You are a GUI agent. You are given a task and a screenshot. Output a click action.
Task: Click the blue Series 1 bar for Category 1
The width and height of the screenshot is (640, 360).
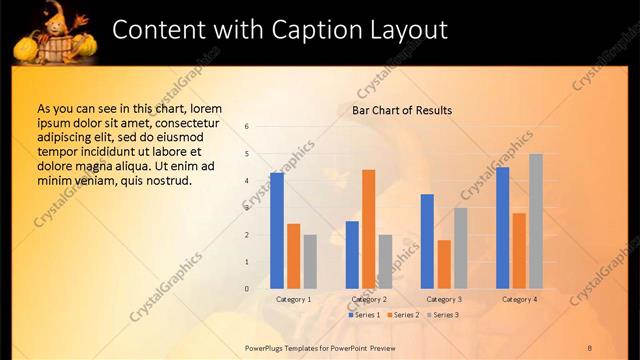(277, 230)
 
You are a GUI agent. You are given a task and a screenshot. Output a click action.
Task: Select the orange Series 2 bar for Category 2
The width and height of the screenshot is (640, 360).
(368, 229)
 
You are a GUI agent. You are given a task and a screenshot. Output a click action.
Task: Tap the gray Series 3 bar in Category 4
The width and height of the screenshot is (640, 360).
(536, 221)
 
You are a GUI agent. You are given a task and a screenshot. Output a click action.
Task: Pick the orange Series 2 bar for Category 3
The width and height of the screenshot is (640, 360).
(444, 264)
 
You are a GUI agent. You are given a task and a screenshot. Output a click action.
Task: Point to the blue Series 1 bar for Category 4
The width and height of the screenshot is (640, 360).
(502, 228)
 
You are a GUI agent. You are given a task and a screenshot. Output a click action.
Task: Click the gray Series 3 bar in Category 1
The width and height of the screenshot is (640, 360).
(310, 261)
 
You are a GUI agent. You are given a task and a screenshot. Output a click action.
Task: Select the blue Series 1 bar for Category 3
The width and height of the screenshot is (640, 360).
(427, 241)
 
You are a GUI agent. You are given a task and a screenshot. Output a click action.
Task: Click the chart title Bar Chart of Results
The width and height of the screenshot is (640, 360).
(402, 110)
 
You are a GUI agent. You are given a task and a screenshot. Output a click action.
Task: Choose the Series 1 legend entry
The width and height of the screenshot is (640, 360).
(365, 315)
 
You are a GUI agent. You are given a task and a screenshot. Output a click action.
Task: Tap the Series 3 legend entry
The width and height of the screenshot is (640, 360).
(443, 315)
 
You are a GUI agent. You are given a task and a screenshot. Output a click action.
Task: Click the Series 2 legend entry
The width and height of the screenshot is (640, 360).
(404, 315)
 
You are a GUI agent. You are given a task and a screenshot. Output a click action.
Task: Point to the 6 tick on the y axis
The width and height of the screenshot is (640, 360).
(247, 127)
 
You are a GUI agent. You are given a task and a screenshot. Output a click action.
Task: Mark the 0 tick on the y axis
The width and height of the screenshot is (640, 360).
(247, 289)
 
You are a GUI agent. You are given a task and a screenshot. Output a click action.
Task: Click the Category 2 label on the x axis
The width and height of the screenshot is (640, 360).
(369, 299)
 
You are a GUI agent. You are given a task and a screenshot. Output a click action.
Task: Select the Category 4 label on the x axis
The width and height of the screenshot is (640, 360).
(519, 299)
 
